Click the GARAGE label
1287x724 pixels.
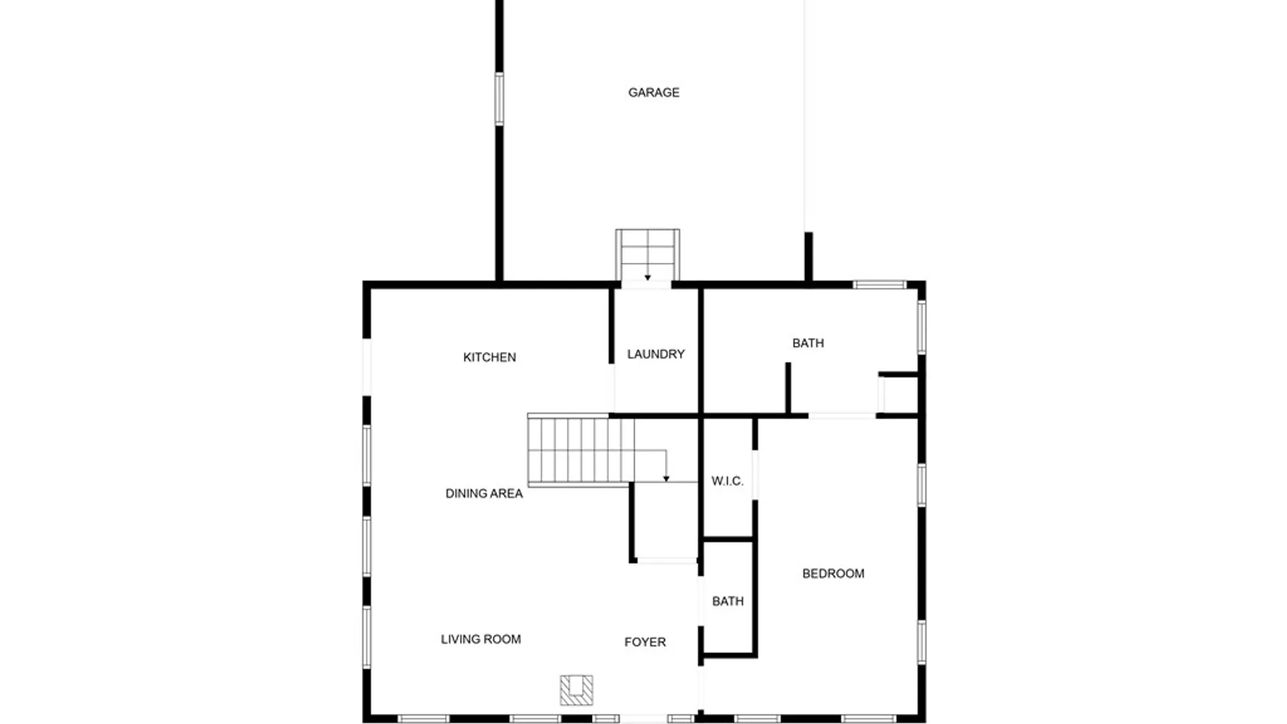[654, 93]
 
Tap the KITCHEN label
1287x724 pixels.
[489, 357]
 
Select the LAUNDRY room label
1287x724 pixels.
[656, 354]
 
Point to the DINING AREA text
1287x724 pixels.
[484, 493]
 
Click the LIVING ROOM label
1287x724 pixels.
[481, 640]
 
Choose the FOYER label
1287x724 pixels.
[645, 642]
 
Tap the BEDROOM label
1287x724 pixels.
[833, 574]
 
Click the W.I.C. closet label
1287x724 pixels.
[727, 481]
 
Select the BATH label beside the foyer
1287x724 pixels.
[728, 601]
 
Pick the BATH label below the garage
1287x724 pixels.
[808, 343]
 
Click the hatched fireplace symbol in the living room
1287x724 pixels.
[576, 690]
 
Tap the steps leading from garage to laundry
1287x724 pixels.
[648, 255]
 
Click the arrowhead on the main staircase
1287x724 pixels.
[666, 479]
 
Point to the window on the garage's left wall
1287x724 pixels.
[499, 99]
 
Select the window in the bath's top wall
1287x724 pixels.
[879, 285]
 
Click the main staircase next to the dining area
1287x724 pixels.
[580, 450]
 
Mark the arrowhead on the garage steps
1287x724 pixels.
[648, 278]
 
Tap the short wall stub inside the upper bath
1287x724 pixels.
[788, 388]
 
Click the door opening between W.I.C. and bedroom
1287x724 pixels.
[755, 475]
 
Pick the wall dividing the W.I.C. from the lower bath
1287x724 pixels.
[728, 539]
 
